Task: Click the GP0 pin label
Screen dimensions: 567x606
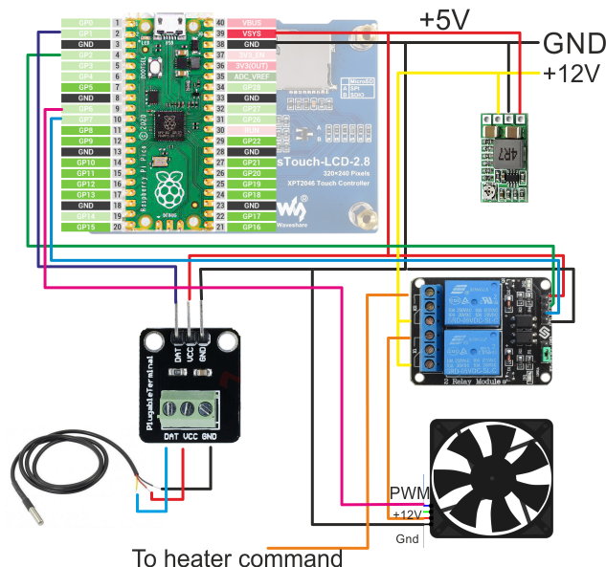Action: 85,21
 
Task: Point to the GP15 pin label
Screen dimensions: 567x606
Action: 85,228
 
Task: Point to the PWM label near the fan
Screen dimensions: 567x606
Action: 408,493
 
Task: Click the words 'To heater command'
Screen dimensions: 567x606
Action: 237,556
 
